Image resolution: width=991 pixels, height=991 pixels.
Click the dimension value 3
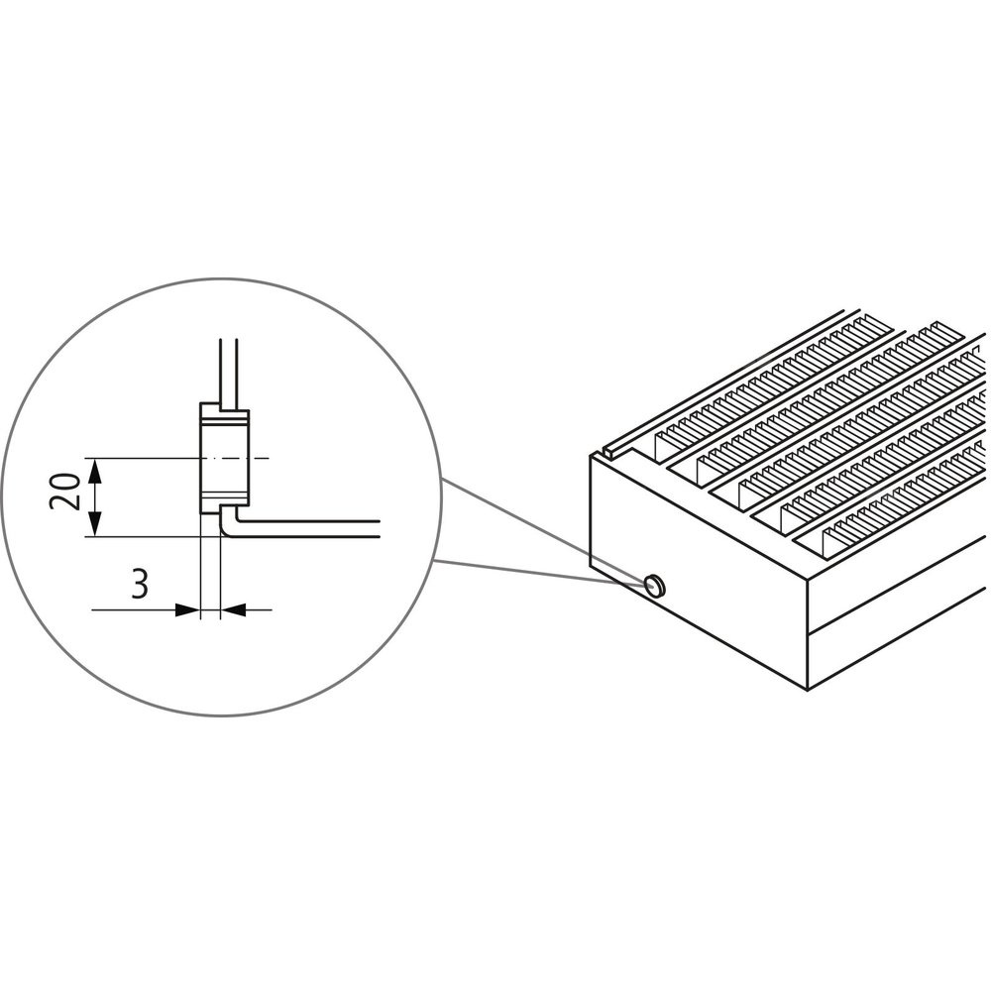(x=140, y=584)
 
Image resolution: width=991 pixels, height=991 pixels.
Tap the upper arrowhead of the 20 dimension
(x=95, y=470)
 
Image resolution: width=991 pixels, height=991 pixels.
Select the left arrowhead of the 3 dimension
(x=187, y=609)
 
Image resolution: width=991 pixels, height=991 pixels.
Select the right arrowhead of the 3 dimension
(x=233, y=609)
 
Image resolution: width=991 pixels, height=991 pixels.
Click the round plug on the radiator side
(x=655, y=586)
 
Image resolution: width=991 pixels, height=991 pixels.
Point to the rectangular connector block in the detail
(x=225, y=458)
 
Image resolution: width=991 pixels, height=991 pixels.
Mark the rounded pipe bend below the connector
(x=228, y=526)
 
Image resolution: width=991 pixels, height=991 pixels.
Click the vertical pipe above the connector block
(x=228, y=372)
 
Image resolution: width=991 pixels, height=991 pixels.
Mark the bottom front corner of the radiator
(x=809, y=689)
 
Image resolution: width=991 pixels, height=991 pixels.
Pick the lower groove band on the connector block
(x=225, y=495)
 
